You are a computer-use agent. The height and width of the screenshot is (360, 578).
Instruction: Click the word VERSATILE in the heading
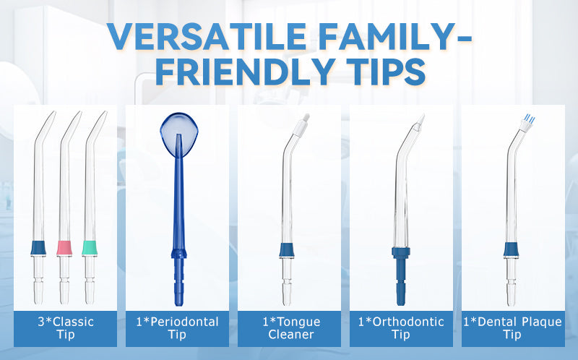point(207,36)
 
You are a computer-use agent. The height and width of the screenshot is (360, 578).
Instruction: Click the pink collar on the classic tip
point(64,248)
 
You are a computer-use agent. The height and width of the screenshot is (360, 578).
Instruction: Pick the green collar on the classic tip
point(90,248)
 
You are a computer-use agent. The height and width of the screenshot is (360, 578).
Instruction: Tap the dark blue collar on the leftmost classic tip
point(38,248)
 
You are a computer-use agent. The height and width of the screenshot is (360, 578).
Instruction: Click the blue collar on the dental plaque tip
point(512,249)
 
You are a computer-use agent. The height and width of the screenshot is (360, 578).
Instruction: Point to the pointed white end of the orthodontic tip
point(420,121)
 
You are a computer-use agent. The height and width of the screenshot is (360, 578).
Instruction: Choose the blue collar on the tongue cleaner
point(287,250)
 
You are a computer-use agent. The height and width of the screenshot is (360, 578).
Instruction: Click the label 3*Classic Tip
point(66,328)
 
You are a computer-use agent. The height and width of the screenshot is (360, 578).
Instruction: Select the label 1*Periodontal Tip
point(177,328)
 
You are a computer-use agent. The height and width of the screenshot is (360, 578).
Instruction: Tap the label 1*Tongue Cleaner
point(291,328)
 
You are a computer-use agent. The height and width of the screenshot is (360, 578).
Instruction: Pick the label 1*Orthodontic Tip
point(401,328)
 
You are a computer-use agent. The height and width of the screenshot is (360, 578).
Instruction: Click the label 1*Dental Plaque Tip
point(512,328)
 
